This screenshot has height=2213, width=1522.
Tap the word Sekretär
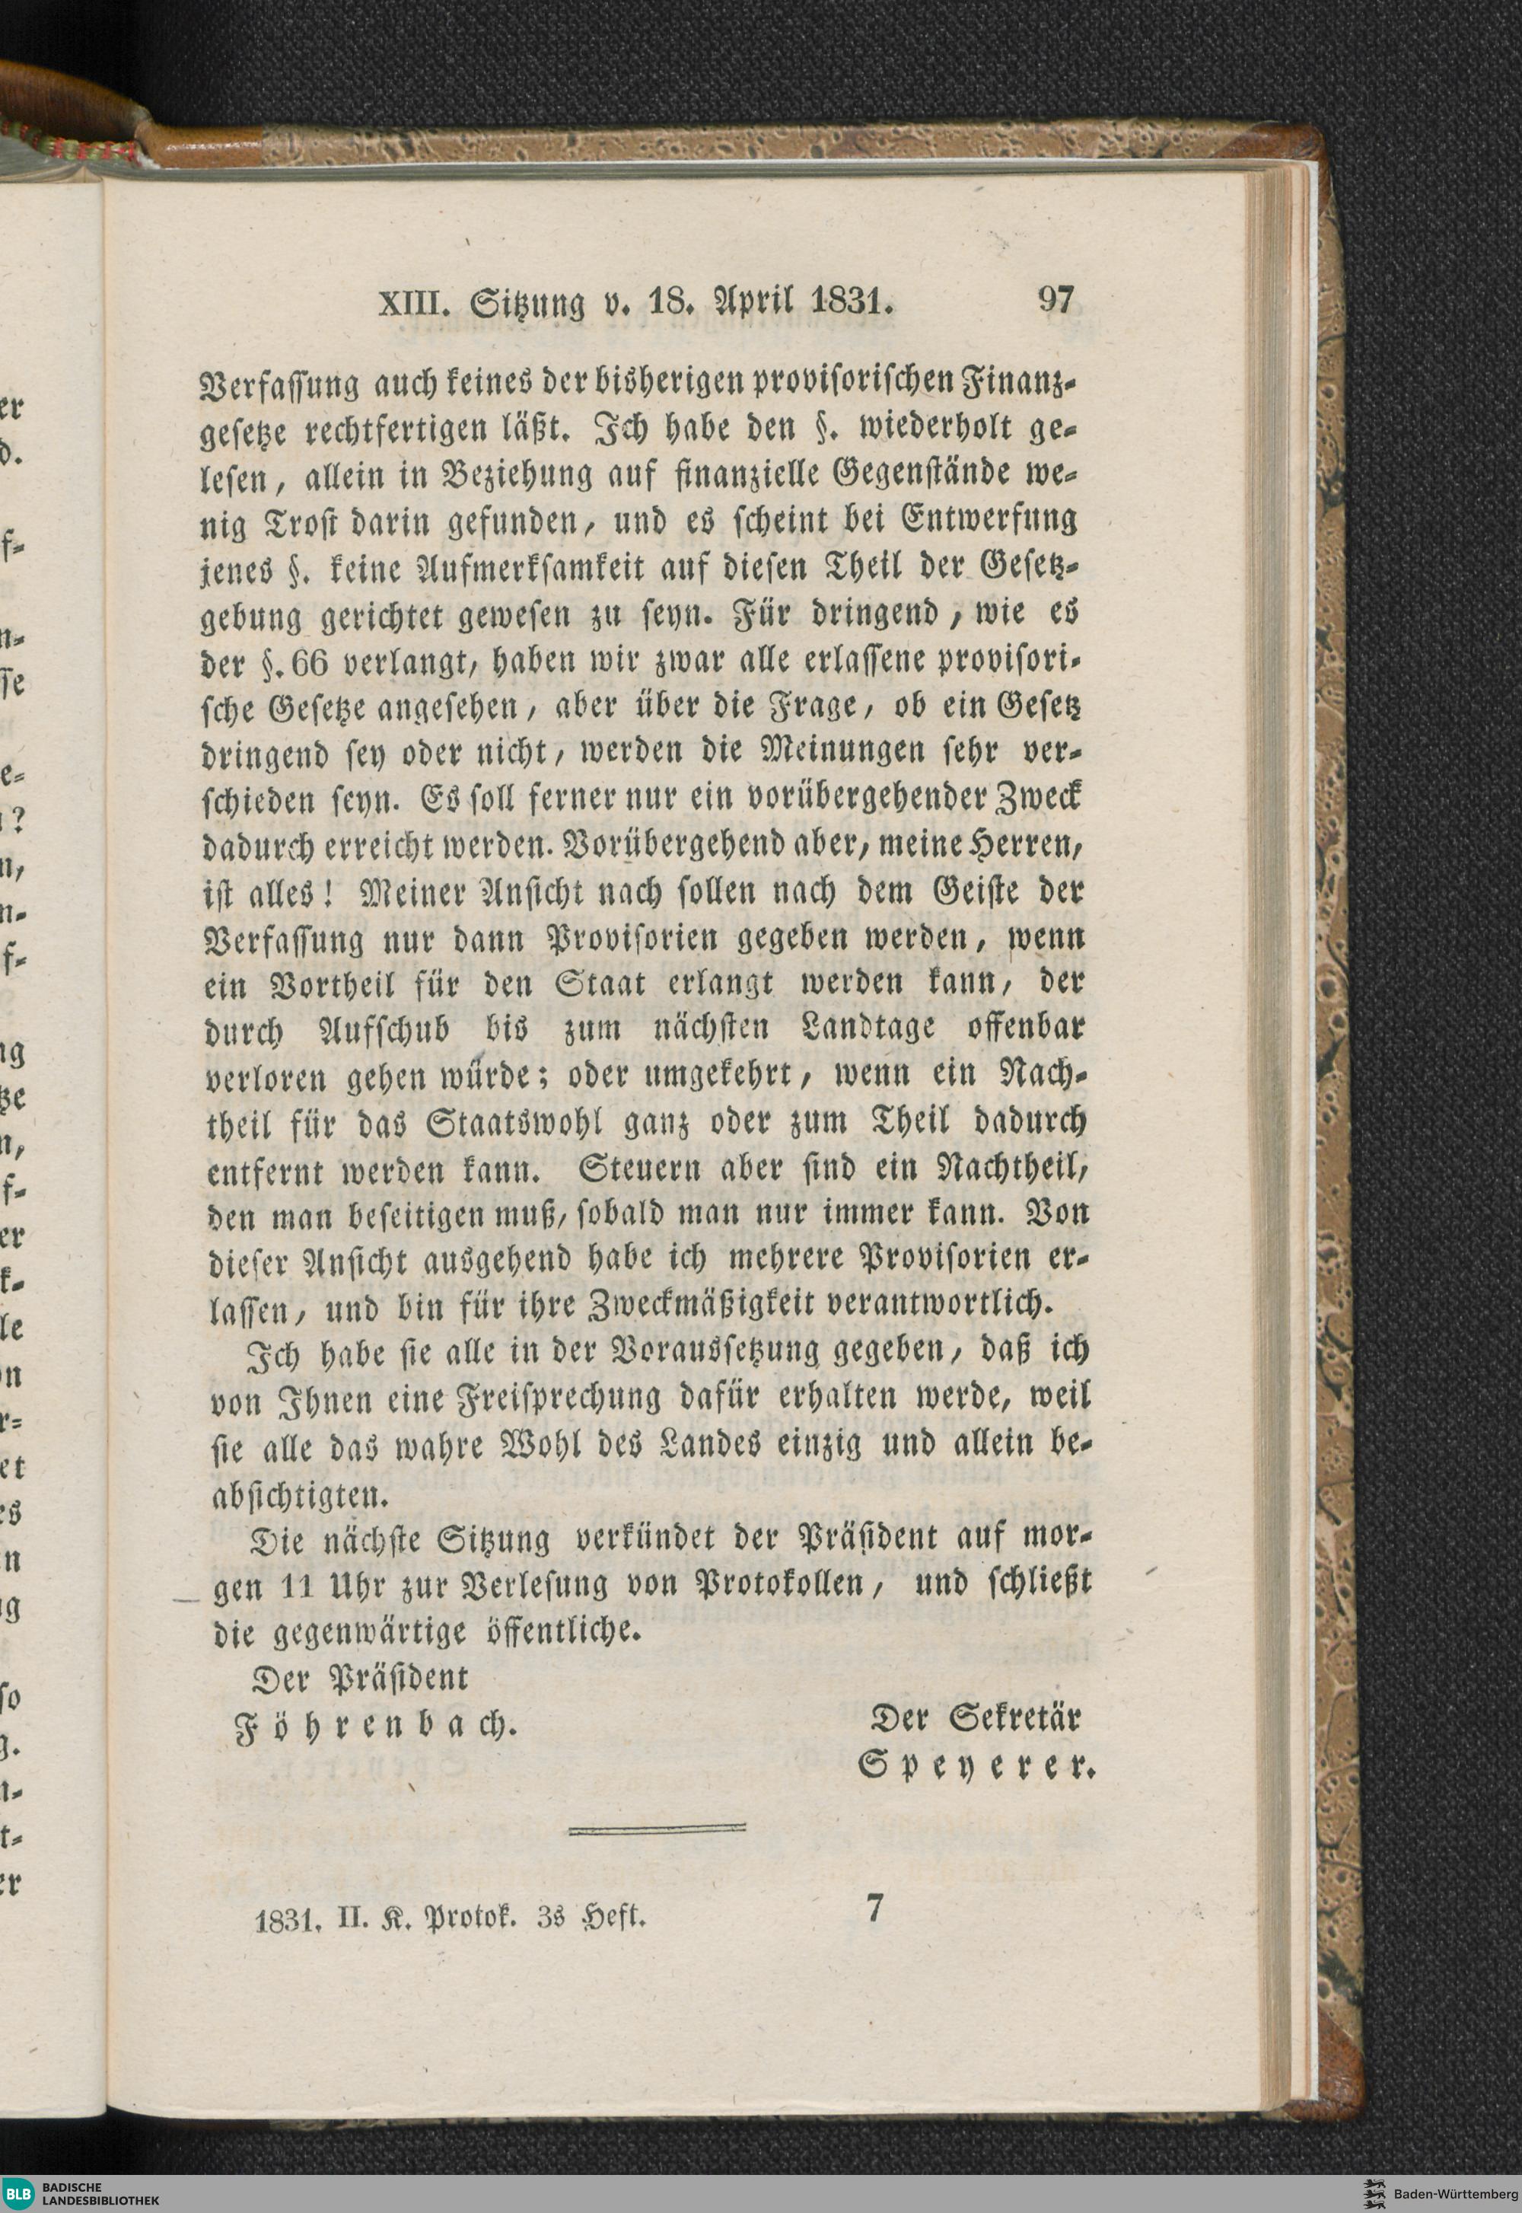click(1013, 1720)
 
